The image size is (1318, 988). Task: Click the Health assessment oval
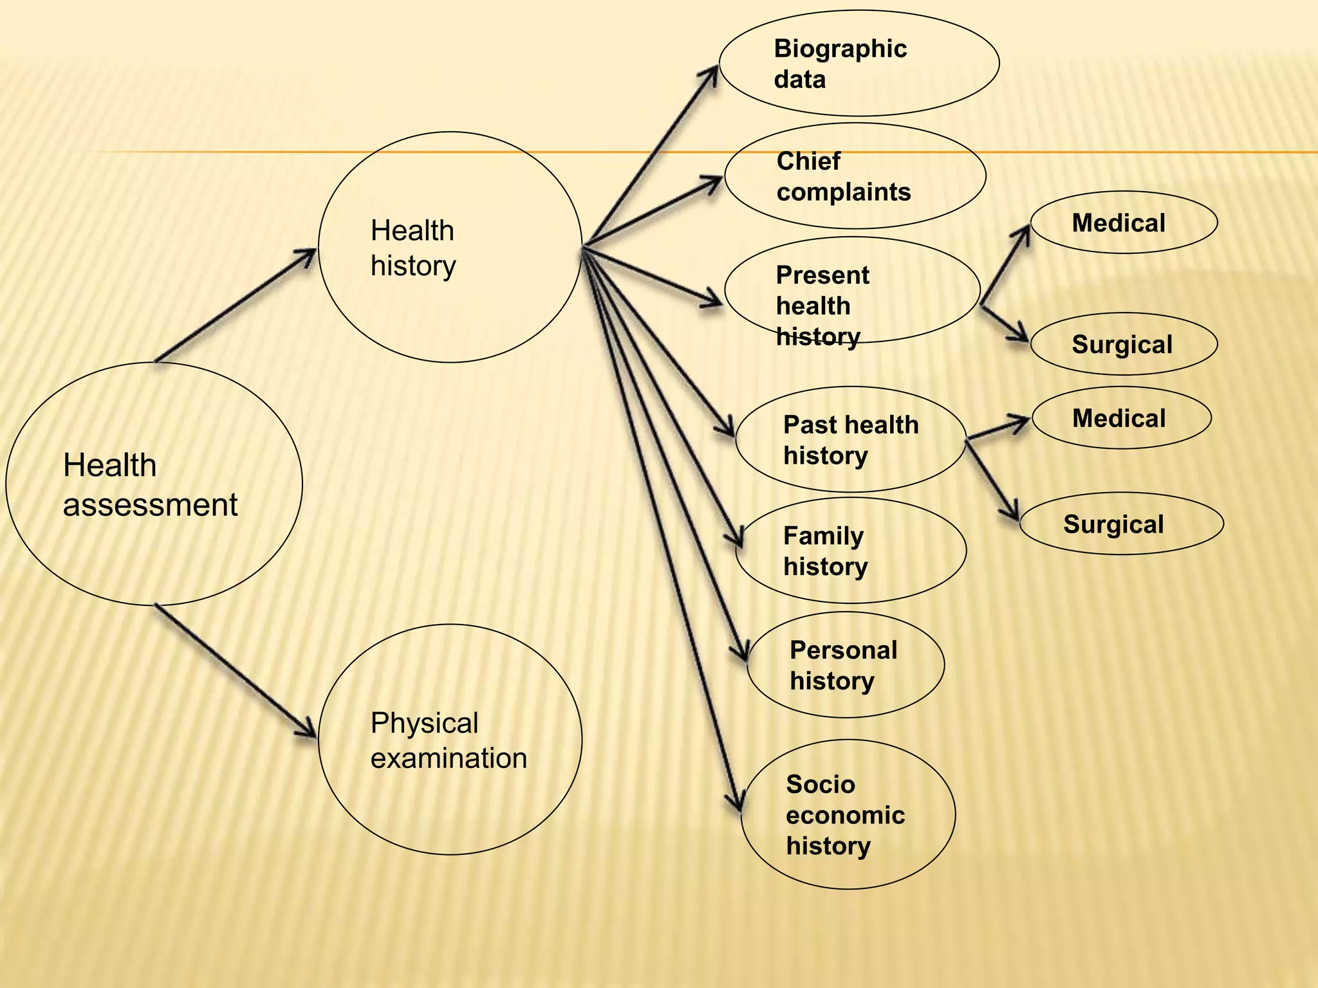[x=153, y=484]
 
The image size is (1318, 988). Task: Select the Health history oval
[x=450, y=247]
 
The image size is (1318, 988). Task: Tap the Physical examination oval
[x=450, y=739]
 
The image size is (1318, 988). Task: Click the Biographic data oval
[x=859, y=63]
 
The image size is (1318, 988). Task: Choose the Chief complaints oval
[x=855, y=176]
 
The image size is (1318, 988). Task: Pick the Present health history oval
[x=851, y=290]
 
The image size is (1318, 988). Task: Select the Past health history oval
[x=850, y=439]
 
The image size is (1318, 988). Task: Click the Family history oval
[x=850, y=551]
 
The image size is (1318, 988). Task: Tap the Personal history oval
[x=845, y=664]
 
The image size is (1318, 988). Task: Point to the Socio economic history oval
[x=848, y=814]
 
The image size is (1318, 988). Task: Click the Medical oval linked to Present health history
[x=1123, y=223]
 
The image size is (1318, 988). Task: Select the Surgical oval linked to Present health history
[x=1123, y=344]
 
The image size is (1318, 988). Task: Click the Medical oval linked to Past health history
[x=1121, y=418]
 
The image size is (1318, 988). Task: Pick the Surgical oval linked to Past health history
[x=1120, y=524]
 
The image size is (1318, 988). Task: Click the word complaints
[x=843, y=192]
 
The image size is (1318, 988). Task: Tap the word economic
[x=845, y=815]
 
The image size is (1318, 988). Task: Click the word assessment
[x=150, y=505]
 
